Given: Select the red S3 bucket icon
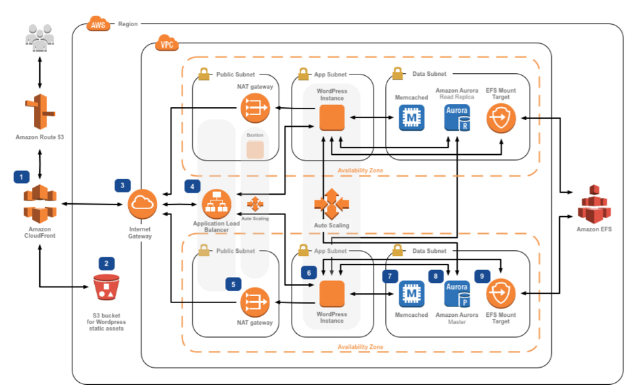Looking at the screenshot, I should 107,287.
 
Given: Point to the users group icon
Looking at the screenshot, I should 41,37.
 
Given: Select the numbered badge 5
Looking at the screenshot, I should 233,284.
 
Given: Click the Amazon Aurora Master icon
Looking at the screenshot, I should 456,294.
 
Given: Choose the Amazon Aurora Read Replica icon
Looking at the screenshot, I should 456,118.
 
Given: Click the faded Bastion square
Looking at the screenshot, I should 254,150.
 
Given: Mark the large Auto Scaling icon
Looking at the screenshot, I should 331,204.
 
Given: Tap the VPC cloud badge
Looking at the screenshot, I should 165,45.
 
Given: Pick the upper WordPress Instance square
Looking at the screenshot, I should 332,118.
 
